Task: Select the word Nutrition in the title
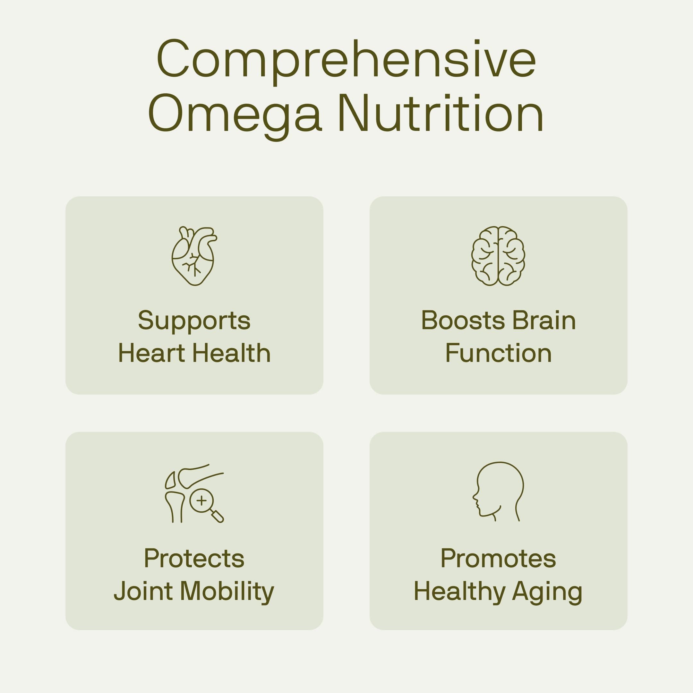click(441, 113)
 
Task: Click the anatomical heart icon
click(194, 256)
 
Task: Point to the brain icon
click(498, 256)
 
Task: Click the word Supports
click(194, 320)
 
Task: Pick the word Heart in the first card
click(151, 353)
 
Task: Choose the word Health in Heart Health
click(231, 353)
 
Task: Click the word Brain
click(544, 320)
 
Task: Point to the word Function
click(498, 353)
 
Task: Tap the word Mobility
click(227, 592)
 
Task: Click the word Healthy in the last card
click(459, 592)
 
